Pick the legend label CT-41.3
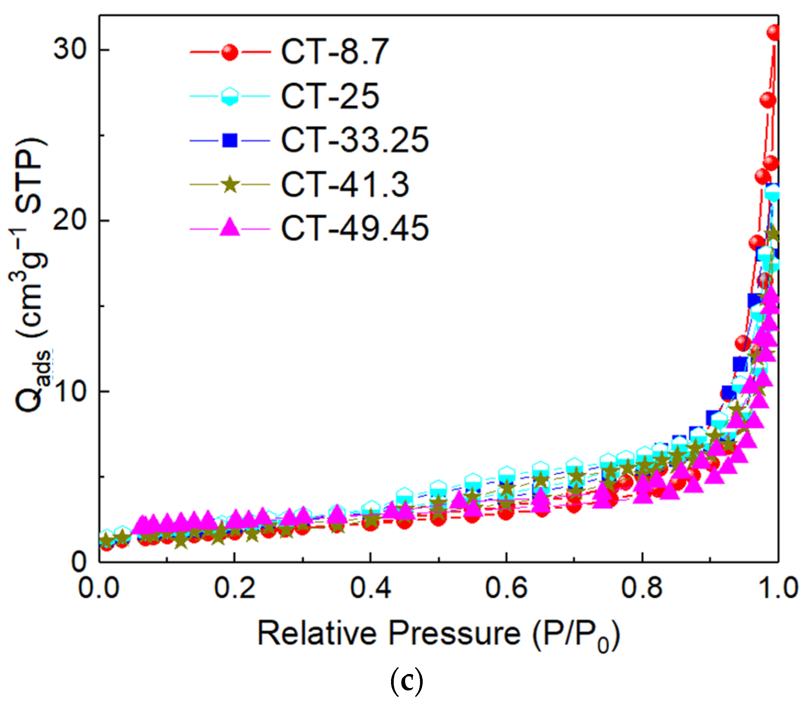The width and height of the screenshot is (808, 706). [345, 184]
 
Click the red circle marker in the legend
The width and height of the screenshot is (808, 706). [229, 52]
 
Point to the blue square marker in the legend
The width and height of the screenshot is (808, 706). [229, 140]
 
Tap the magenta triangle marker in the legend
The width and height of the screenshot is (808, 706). [229, 228]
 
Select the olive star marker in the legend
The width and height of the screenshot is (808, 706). [229, 184]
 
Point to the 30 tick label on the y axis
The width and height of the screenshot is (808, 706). [70, 50]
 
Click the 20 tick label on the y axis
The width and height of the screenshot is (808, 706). [70, 220]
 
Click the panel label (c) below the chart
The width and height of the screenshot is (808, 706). [406, 682]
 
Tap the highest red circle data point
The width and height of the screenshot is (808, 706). [774, 33]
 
